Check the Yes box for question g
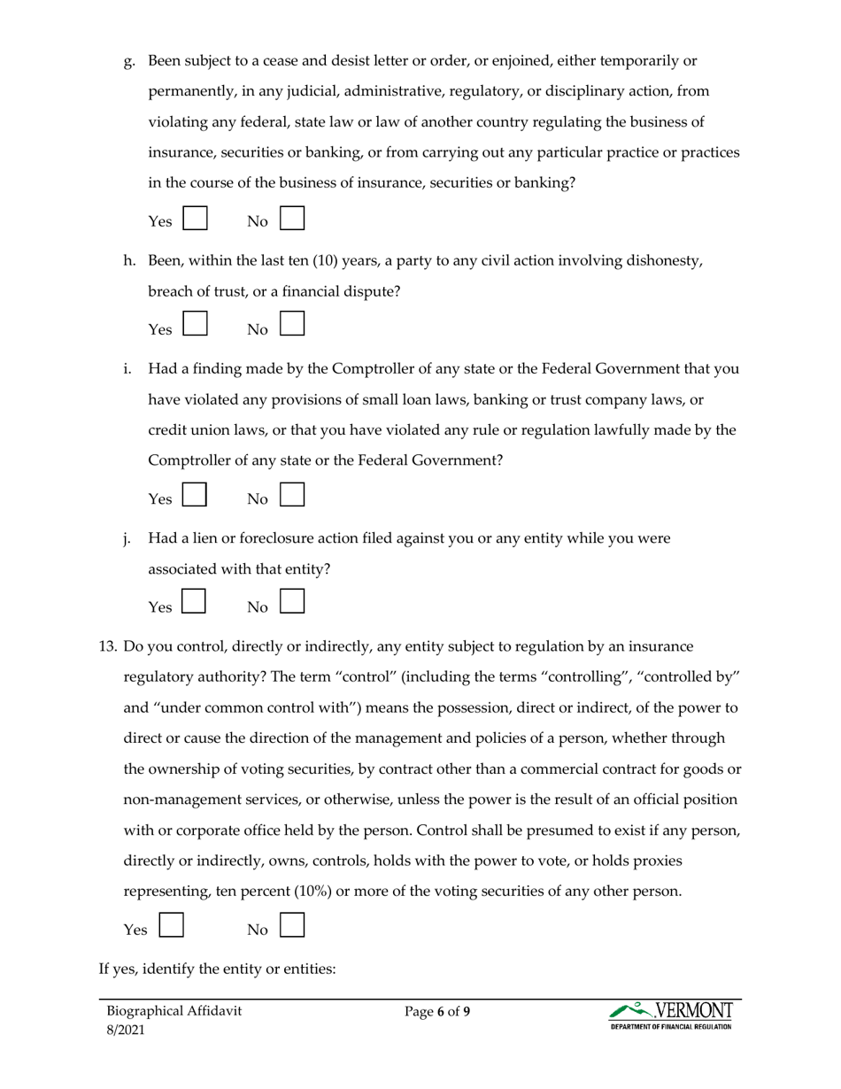point(195,219)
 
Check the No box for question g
point(292,219)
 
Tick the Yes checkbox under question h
point(195,322)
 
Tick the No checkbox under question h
point(292,322)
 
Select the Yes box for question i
point(195,494)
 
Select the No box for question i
point(292,494)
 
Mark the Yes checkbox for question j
point(195,602)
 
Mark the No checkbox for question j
point(292,602)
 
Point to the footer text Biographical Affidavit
point(174,1011)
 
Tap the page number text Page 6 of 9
point(437,1011)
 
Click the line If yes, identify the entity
point(217,969)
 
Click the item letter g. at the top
point(129,61)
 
